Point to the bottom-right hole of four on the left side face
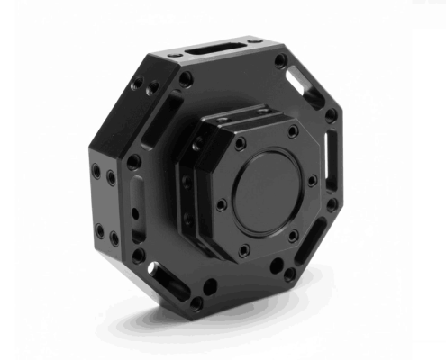point(114,239)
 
